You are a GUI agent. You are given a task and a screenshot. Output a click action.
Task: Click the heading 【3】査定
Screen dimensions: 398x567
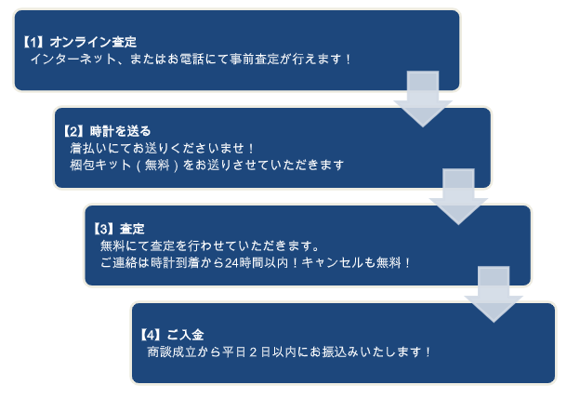coord(119,229)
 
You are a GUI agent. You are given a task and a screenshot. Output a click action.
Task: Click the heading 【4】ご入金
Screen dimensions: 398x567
coord(171,334)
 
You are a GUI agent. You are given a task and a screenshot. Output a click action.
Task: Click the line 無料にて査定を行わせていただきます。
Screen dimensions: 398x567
coord(210,245)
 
